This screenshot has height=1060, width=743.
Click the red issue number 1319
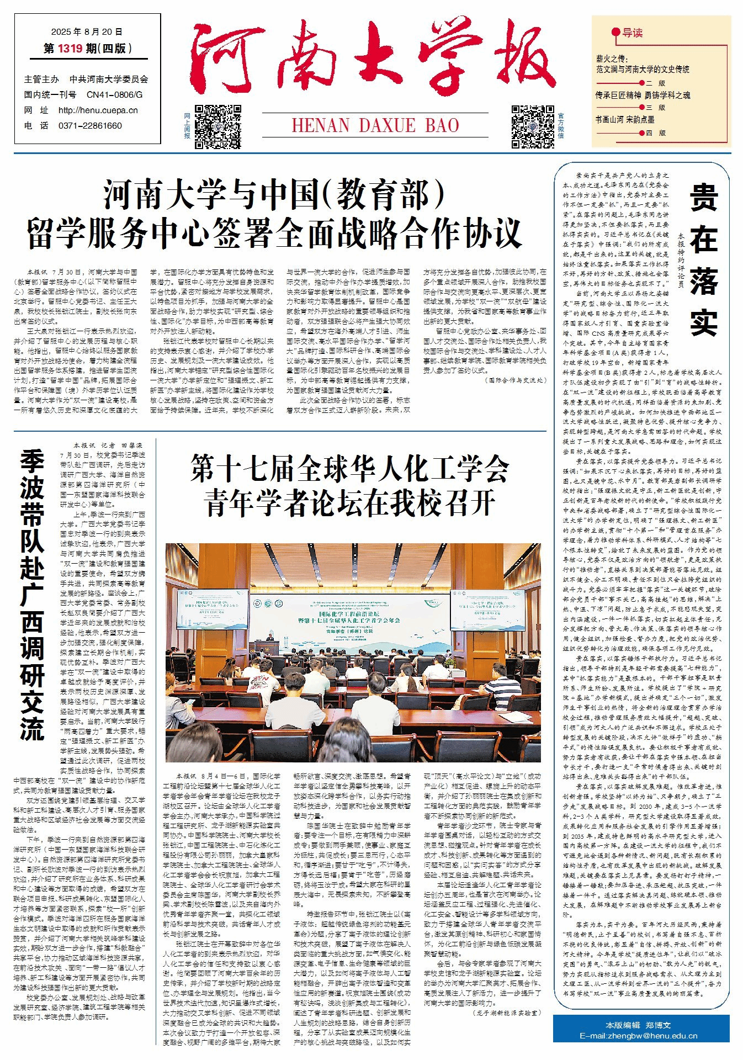70,49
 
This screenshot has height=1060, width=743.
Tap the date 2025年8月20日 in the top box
87,32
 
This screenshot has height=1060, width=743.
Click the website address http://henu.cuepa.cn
98,110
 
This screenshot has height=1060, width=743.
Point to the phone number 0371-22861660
90,126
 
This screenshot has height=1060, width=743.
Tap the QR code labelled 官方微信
532,126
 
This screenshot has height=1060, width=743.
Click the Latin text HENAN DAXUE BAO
375,125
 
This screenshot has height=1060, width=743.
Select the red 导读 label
633,33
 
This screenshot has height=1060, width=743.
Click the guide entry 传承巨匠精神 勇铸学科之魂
643,95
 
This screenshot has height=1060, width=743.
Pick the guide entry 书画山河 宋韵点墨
624,119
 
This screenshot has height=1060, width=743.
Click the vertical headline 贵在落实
703,259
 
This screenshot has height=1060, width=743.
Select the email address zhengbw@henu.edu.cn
638,1036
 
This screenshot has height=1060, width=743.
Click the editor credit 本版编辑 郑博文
638,1025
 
